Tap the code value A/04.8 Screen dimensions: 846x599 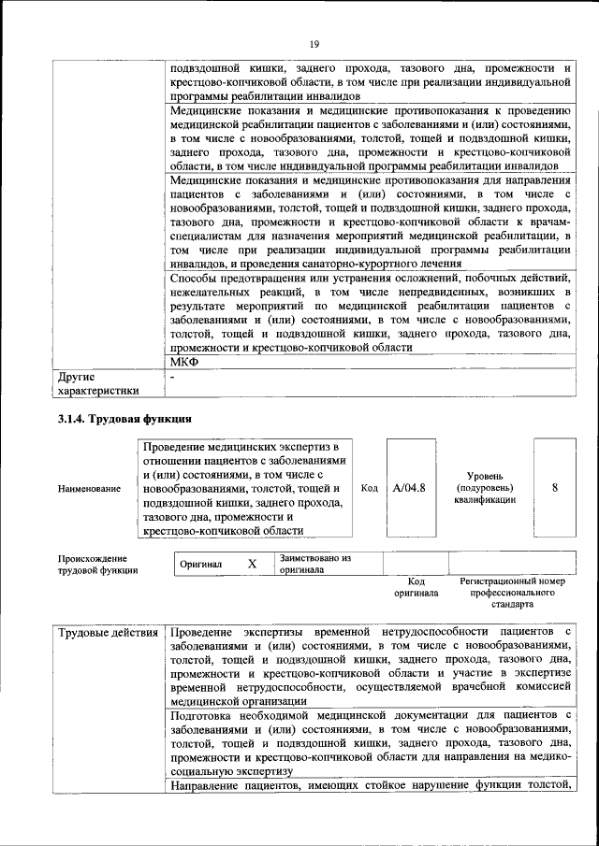(x=410, y=488)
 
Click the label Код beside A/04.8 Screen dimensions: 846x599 (x=370, y=488)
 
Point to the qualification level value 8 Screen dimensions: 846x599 (x=555, y=488)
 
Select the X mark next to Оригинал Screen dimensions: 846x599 (x=252, y=565)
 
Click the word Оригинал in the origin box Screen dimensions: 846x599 (x=201, y=565)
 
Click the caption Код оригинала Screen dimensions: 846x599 (x=416, y=587)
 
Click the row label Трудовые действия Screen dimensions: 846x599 (x=108, y=635)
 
